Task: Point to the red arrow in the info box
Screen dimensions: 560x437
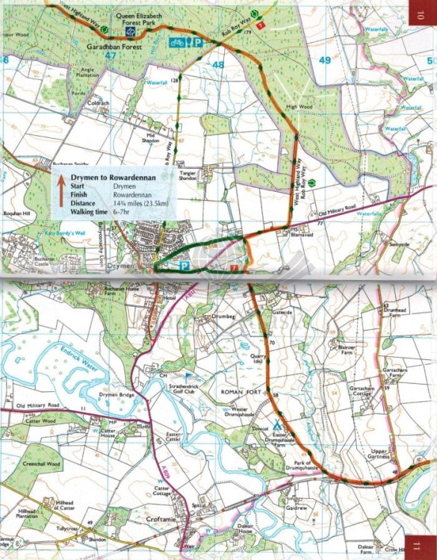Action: (x=61, y=189)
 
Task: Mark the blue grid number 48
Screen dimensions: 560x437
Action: (x=218, y=66)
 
